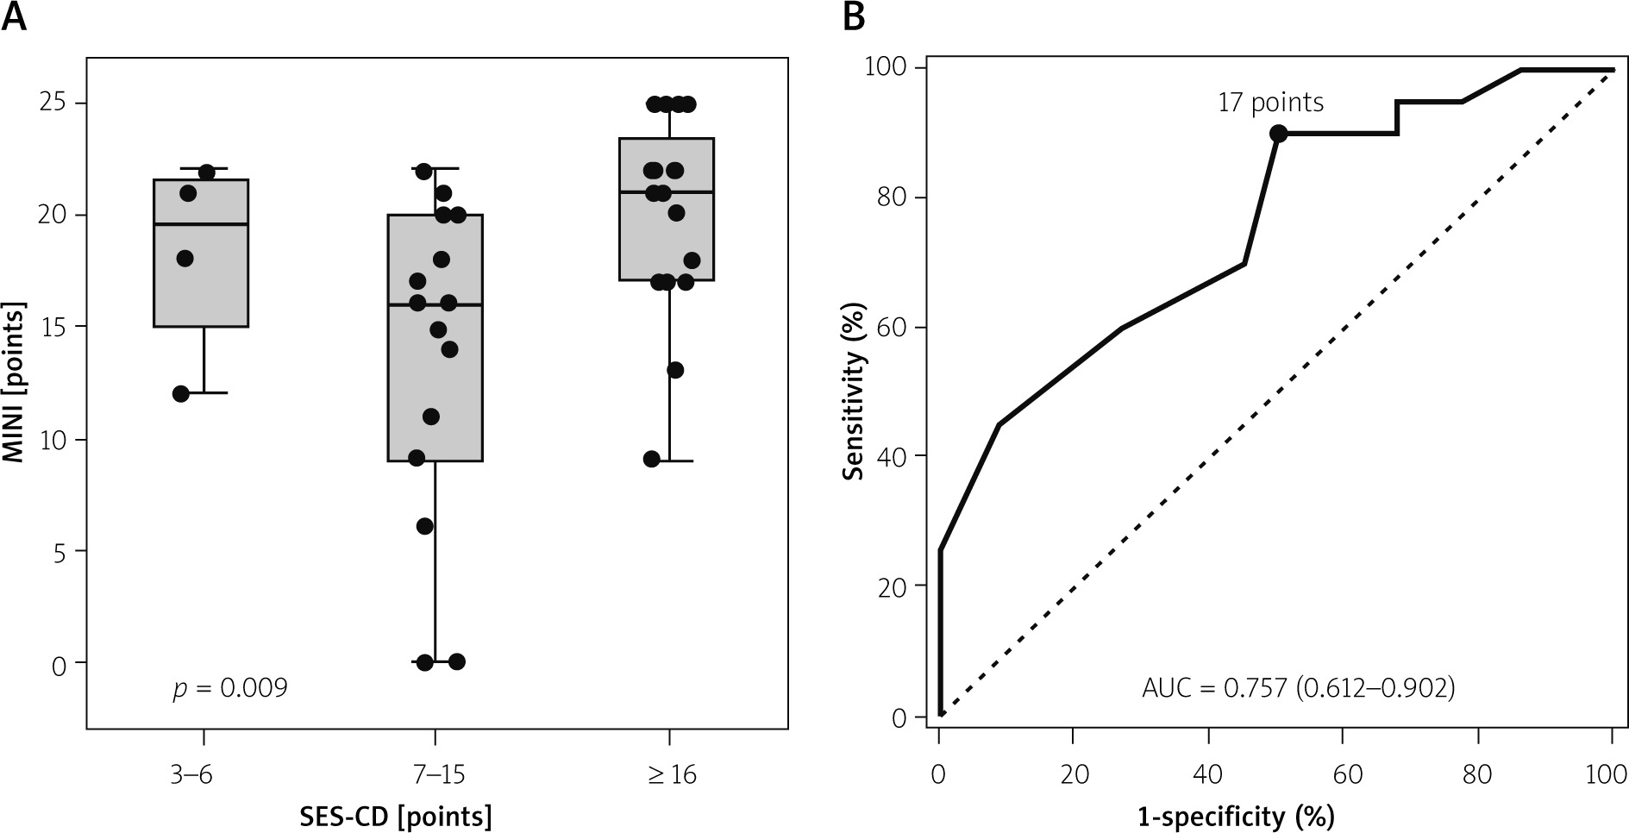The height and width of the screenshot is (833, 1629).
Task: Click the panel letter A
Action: click(15, 16)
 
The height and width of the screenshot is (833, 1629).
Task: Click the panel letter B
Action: click(853, 16)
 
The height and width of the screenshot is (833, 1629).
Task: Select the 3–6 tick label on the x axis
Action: click(204, 774)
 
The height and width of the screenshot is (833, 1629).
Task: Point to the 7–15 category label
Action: click(435, 774)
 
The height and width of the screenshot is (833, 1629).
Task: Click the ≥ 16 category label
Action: click(670, 774)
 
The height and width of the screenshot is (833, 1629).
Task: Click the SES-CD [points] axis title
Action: click(396, 816)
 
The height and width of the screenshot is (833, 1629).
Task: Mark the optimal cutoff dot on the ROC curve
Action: click(1278, 134)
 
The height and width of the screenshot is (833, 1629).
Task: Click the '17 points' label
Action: click(1270, 103)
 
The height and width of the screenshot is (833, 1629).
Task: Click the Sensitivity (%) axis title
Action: click(854, 391)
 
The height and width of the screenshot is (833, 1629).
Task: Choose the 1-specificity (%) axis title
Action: click(1236, 816)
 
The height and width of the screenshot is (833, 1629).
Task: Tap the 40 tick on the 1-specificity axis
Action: click(1208, 774)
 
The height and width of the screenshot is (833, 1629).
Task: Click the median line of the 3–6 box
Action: click(201, 224)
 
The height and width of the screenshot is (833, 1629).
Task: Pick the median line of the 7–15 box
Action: click(435, 305)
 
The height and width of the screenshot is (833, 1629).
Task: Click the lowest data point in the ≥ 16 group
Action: click(652, 459)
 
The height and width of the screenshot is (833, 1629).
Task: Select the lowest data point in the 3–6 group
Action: click(181, 394)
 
